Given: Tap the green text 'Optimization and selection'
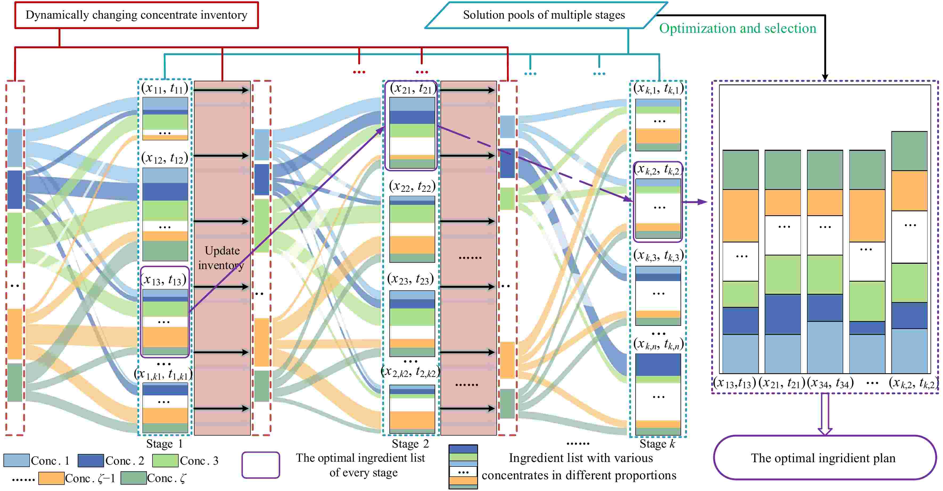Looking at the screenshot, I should click(x=737, y=29).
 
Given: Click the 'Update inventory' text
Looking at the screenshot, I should click(x=222, y=258).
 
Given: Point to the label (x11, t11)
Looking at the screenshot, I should click(x=165, y=88).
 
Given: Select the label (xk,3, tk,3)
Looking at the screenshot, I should click(x=658, y=255).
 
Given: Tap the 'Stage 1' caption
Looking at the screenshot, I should click(x=164, y=444).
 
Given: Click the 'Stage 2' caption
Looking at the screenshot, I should click(x=410, y=444).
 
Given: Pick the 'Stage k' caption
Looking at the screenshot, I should click(x=657, y=444).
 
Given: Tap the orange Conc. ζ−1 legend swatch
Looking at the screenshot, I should click(x=51, y=478).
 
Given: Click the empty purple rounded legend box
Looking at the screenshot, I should click(x=261, y=465).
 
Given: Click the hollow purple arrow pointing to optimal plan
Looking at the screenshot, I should click(x=825, y=414).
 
